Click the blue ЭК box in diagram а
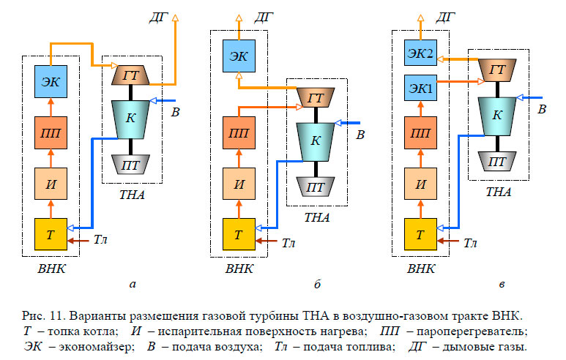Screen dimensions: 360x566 (51, 82)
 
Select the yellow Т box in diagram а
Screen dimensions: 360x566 (51, 235)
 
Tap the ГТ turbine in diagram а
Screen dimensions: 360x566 (130, 74)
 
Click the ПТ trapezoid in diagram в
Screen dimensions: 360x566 (497, 161)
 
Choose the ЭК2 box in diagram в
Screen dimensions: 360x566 (420, 53)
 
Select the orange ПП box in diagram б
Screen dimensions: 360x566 (237, 134)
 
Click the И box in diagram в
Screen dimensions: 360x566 (420, 184)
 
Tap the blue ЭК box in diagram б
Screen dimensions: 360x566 (237, 55)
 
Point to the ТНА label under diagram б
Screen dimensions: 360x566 (316, 217)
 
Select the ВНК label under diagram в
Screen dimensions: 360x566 (420, 269)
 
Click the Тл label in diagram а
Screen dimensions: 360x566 (103, 239)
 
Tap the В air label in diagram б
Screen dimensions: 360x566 (360, 135)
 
